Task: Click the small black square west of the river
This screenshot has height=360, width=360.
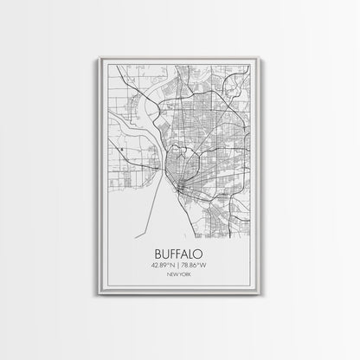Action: (x=125, y=151)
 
